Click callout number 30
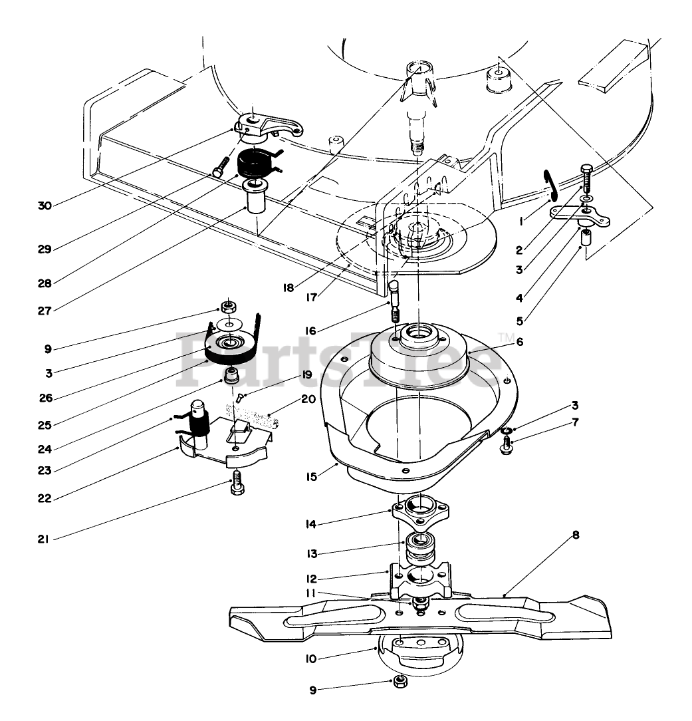click(x=45, y=206)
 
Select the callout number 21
click(x=43, y=539)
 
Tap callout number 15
click(x=312, y=476)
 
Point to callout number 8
click(x=576, y=535)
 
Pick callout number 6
click(x=520, y=342)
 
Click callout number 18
click(x=288, y=288)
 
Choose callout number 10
click(x=311, y=659)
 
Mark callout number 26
click(x=46, y=398)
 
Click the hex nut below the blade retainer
click(x=400, y=681)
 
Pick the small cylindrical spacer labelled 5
click(x=586, y=237)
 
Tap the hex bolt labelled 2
click(x=587, y=179)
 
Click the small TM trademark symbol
click(x=507, y=339)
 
